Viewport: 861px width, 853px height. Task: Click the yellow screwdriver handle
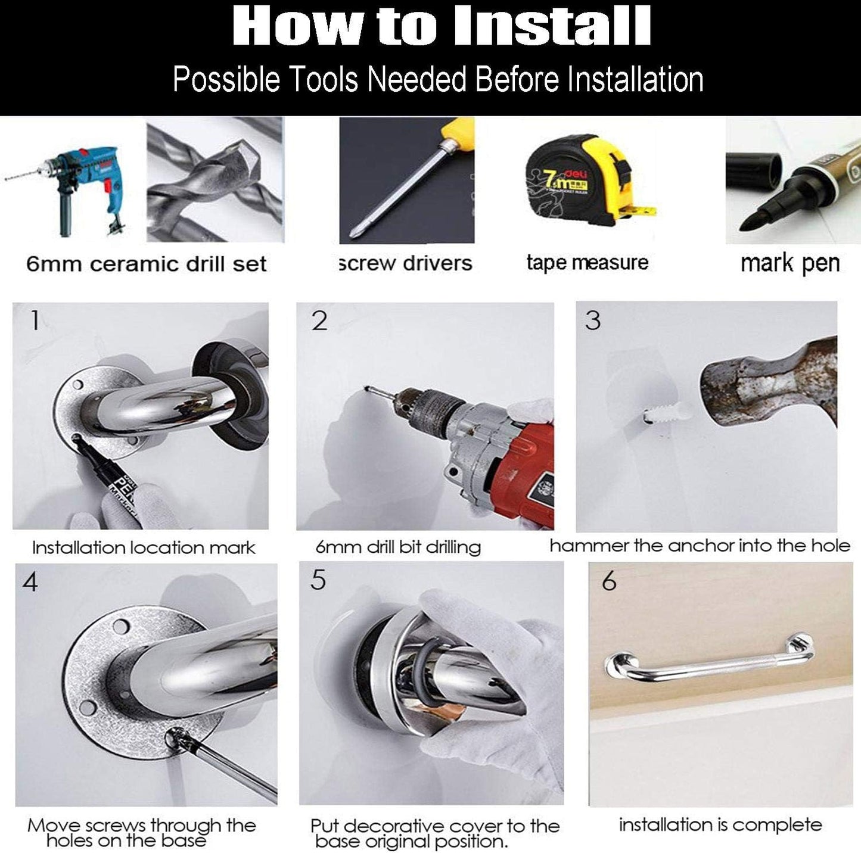point(458,130)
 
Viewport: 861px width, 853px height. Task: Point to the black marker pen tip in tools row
point(751,220)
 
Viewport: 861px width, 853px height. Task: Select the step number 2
point(319,321)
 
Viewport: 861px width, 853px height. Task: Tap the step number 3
point(592,321)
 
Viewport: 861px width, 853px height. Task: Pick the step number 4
point(30,582)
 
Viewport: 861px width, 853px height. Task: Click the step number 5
point(318,580)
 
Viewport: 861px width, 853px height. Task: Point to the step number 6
point(609,581)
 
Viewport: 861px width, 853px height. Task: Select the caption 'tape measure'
point(587,263)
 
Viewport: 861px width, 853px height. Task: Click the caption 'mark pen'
point(790,264)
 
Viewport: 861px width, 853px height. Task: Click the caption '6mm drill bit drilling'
point(398,547)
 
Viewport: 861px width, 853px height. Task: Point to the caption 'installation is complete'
point(720,825)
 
